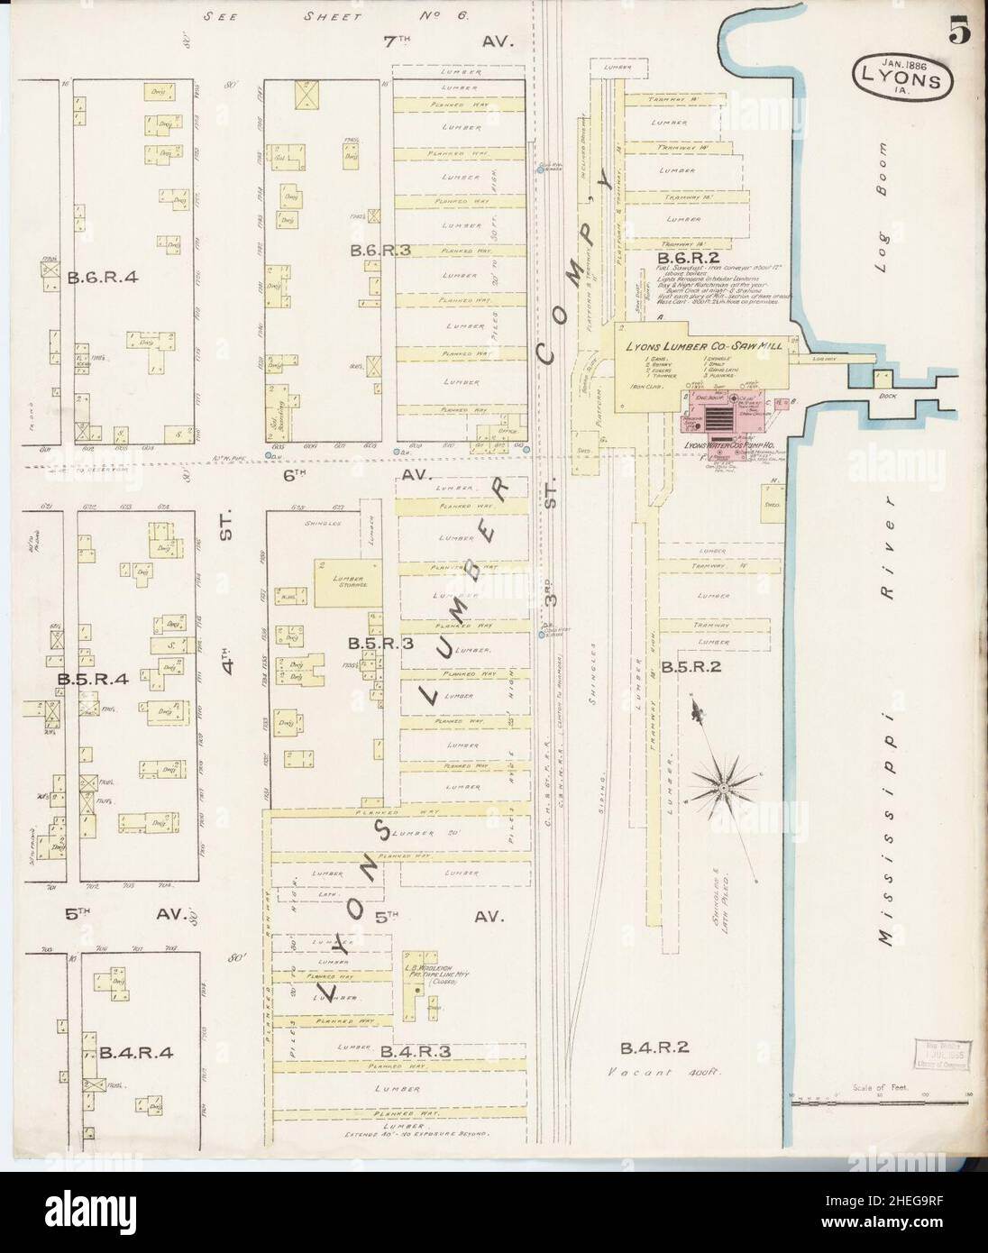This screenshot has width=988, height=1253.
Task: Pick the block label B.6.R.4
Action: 101,277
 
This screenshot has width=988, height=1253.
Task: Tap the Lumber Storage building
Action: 347,585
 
